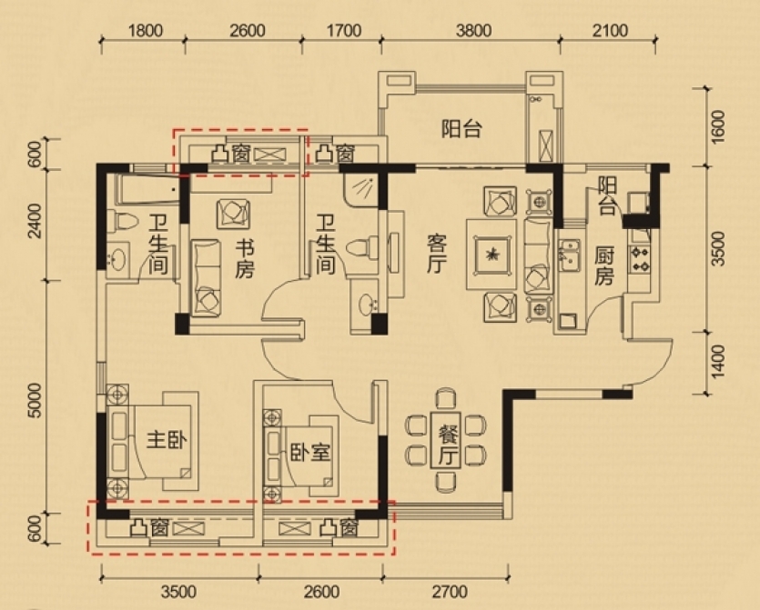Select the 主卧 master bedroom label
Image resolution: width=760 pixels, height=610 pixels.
167,441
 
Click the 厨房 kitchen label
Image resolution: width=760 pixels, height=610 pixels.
604,265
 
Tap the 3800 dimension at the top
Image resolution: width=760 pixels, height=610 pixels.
473,31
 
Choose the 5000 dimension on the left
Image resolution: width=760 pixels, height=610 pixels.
35,400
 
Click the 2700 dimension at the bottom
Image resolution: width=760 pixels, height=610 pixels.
450,592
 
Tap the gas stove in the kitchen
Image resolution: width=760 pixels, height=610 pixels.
639,258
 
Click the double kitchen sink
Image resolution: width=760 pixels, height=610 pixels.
568,255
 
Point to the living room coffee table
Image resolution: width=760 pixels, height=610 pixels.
491,255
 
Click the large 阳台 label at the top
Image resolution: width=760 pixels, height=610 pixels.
461,129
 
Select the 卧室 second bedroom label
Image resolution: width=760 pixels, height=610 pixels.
310,452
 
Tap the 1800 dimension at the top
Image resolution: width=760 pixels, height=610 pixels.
145,31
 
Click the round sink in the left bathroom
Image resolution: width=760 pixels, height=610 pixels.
118,259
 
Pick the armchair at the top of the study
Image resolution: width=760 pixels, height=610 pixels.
234,213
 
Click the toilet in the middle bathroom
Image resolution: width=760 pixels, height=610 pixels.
362,247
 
